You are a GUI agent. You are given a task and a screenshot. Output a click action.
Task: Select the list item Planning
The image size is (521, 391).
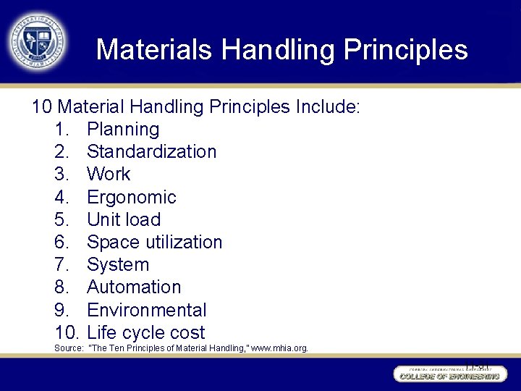point(123,130)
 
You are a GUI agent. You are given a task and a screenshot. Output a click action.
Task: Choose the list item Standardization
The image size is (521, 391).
point(151,152)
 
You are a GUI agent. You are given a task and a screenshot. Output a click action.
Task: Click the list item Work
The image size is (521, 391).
point(109,175)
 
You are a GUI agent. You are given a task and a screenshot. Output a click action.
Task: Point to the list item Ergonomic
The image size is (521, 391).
point(131,197)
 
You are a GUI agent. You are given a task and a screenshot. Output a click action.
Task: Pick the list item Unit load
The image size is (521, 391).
point(124,219)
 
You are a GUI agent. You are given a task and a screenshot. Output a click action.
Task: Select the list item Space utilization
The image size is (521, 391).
point(154,242)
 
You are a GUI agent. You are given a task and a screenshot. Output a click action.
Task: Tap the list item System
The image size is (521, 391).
point(118,265)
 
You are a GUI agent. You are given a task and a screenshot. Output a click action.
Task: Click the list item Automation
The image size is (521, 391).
point(134,287)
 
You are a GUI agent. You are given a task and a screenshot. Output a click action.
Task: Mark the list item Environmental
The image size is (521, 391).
point(146,310)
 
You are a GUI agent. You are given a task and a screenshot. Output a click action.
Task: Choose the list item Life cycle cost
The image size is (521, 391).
point(145,333)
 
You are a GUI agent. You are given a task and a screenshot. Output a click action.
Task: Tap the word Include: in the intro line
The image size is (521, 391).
point(327,107)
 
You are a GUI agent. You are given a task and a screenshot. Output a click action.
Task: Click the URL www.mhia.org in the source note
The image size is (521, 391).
point(279,348)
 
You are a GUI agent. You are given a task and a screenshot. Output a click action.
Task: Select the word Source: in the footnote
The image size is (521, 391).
point(69,348)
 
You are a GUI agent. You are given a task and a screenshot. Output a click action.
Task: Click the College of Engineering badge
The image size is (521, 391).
point(447,374)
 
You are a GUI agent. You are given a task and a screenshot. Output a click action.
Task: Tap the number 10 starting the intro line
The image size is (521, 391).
point(41,107)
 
